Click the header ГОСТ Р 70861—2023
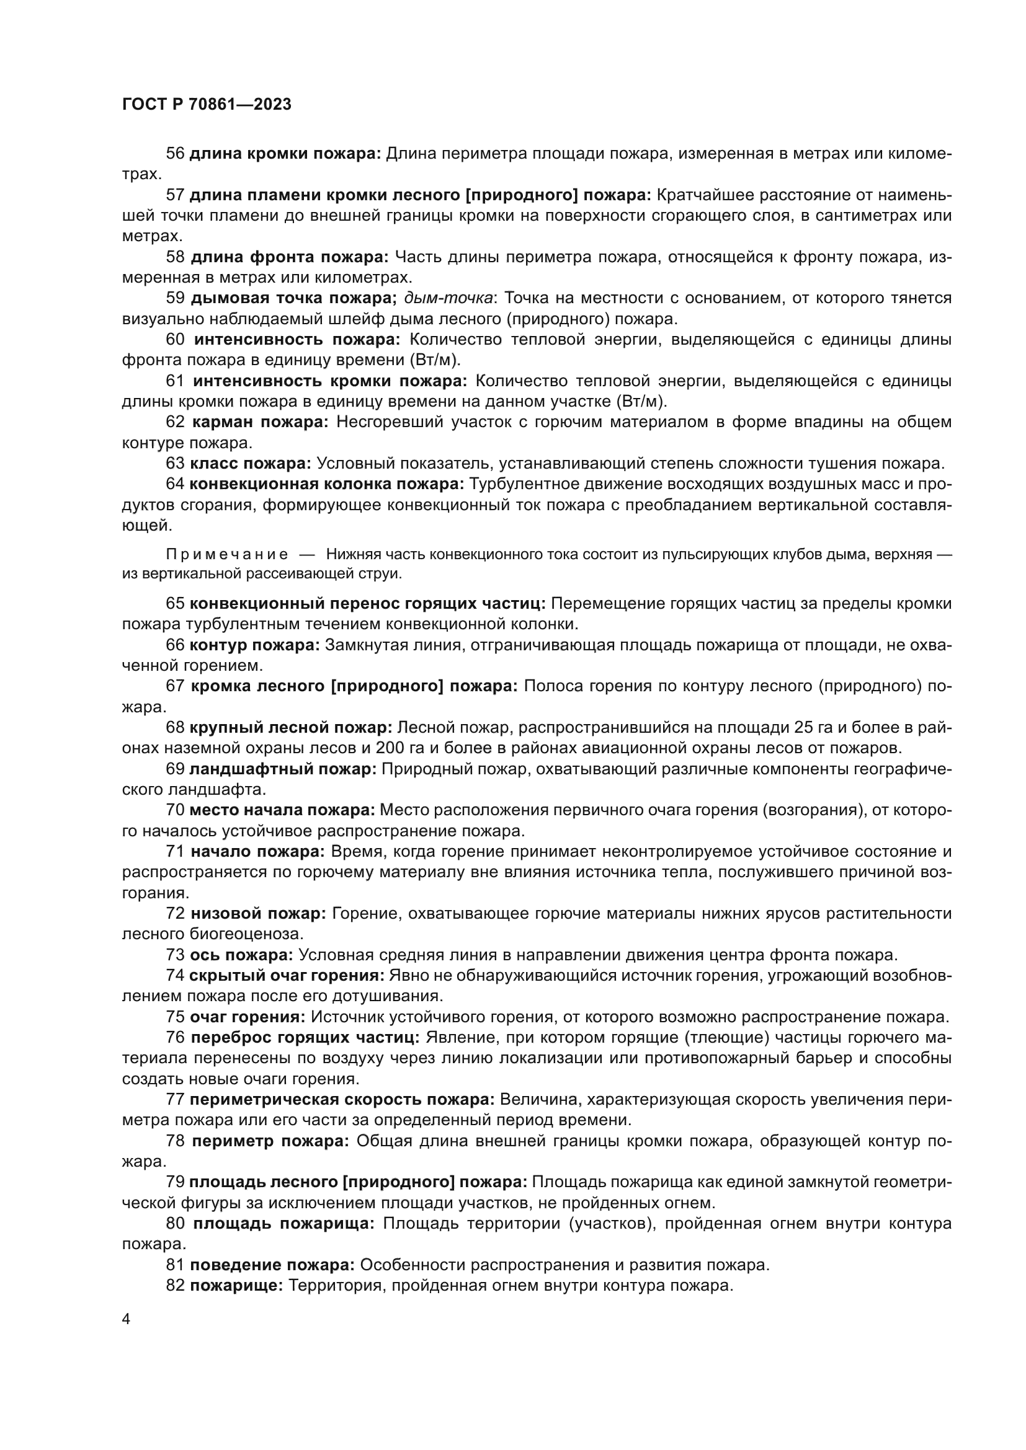(x=207, y=104)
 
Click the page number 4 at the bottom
(x=126, y=1319)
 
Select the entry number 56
(x=175, y=154)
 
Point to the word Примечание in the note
(x=227, y=554)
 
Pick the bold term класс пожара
(x=250, y=464)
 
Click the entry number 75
(x=175, y=1017)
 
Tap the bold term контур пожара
(x=254, y=645)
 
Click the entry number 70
(x=175, y=810)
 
